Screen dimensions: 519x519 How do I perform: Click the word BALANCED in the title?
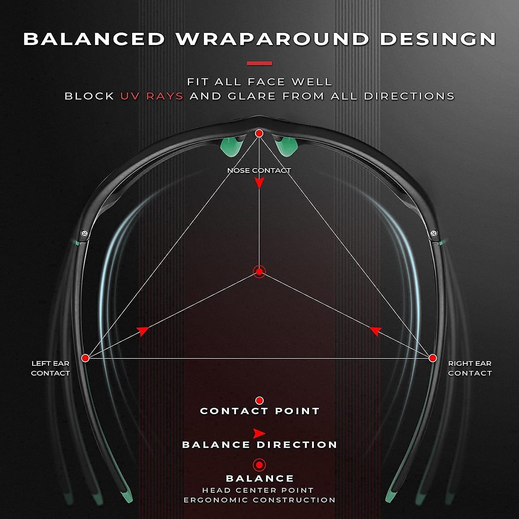click(x=94, y=39)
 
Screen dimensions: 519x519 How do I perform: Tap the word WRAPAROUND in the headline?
click(x=272, y=39)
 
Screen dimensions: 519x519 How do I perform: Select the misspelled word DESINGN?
click(x=438, y=39)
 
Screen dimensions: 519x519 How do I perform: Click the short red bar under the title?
click(x=259, y=63)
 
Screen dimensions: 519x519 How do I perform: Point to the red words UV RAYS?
click(x=152, y=96)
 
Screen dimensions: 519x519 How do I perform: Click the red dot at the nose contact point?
click(x=259, y=133)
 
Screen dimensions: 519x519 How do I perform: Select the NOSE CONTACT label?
click(x=259, y=170)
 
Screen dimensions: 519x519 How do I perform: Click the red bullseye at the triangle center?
click(x=259, y=272)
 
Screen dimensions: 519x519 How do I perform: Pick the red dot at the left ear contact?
click(x=85, y=358)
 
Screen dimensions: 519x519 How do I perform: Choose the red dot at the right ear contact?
click(x=432, y=358)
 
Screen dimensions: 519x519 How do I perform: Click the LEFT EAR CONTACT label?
click(x=51, y=368)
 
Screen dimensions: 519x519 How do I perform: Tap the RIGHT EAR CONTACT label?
click(x=470, y=368)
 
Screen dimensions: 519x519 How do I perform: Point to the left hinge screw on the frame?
click(x=83, y=234)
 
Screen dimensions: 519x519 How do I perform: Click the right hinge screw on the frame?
click(x=434, y=233)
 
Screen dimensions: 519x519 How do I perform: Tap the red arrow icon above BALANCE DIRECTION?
click(x=259, y=433)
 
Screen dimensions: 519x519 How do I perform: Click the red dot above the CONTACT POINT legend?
click(x=259, y=401)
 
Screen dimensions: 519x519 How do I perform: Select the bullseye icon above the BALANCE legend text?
click(x=259, y=465)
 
